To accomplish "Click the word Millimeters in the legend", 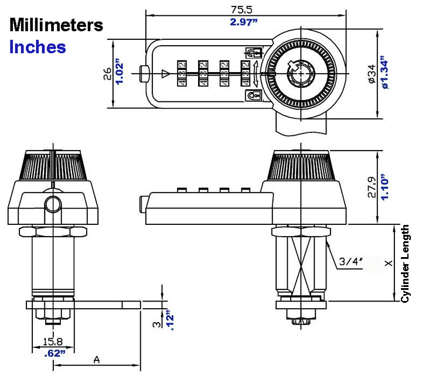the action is click(56, 25).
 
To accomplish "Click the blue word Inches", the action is click(38, 46).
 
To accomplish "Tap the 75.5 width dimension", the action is click(241, 10).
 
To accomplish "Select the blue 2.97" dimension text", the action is click(244, 22).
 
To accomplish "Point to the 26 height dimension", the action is click(107, 73).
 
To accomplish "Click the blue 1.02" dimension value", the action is click(119, 71).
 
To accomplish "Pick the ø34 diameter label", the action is click(372, 74).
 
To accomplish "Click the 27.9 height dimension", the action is click(372, 187).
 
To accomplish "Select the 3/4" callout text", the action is click(350, 261).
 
